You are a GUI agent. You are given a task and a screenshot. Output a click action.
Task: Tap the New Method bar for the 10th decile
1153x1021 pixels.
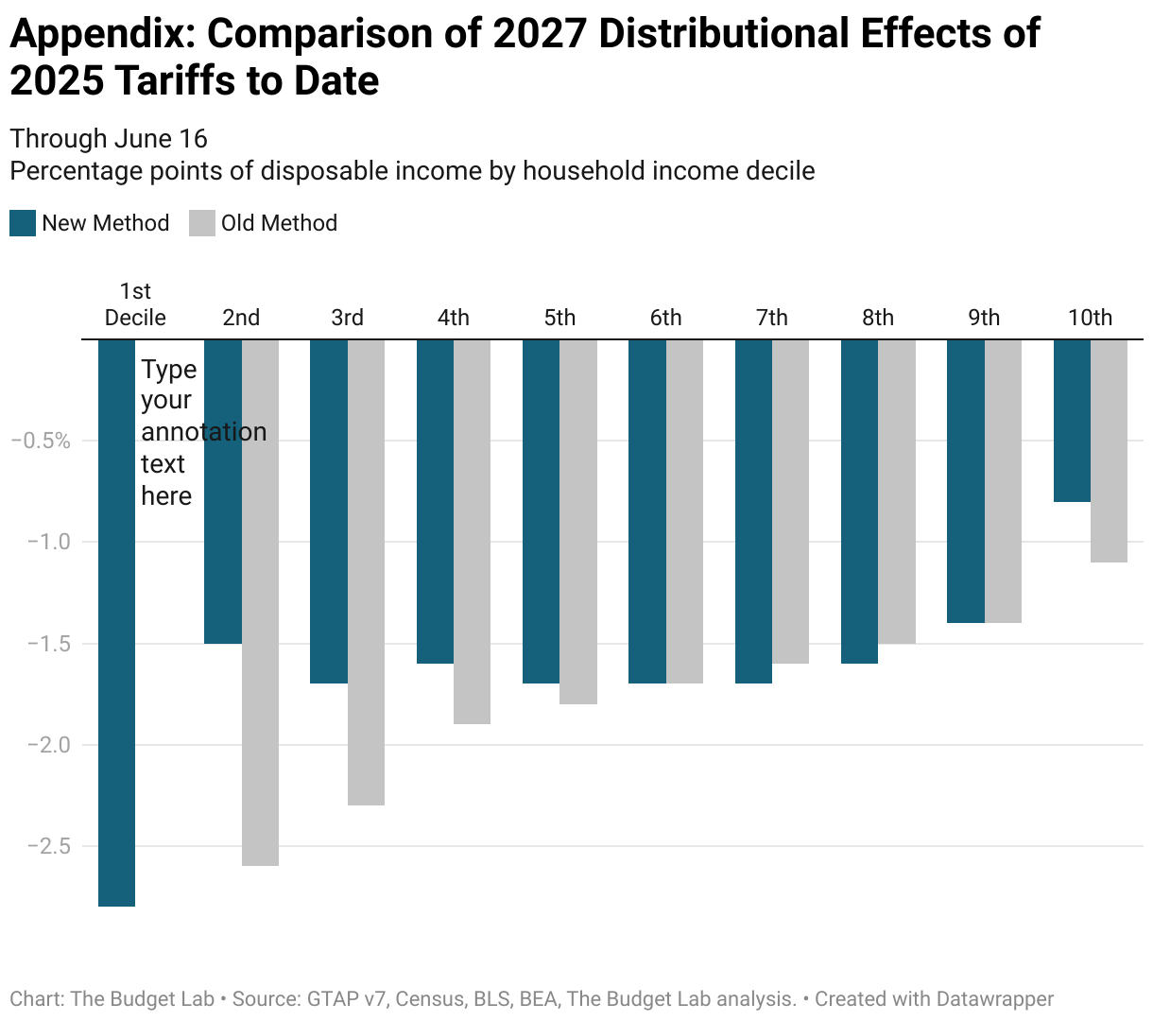[1072, 421]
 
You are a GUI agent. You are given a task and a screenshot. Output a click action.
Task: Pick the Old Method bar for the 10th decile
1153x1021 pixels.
[1109, 451]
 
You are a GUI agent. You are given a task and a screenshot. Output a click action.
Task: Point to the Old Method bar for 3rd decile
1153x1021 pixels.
[366, 572]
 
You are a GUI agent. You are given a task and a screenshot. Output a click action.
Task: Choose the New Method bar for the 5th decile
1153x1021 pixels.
[541, 510]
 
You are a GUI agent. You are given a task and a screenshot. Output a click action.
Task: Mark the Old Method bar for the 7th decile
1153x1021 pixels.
[790, 501]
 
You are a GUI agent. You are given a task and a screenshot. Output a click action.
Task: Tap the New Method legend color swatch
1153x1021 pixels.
[23, 223]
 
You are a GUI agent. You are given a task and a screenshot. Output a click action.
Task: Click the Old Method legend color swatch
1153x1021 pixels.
[202, 223]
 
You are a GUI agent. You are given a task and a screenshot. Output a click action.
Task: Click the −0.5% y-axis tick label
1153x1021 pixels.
[41, 441]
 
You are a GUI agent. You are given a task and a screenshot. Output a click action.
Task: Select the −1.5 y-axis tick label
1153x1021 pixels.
[44, 644]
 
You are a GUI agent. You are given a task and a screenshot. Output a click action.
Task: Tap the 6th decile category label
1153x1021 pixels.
[665, 318]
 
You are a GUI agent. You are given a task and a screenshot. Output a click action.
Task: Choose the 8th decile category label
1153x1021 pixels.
[878, 318]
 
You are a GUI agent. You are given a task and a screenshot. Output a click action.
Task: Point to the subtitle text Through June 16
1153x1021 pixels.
[109, 139]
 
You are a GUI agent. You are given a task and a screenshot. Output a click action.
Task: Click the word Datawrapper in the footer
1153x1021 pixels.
[994, 999]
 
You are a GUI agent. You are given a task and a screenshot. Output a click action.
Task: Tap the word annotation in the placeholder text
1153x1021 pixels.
[203, 432]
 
